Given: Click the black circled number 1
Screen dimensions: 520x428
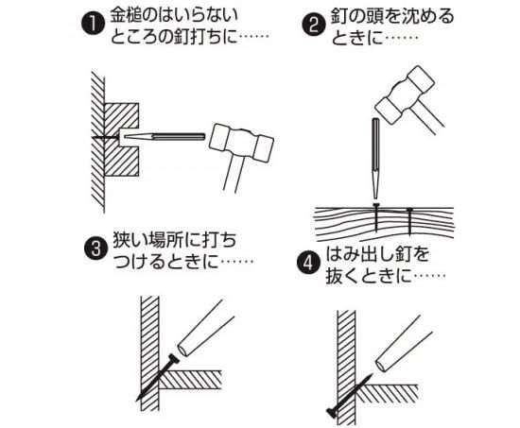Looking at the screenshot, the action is pyautogui.click(x=92, y=25).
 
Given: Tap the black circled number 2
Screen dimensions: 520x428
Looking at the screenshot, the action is pyautogui.click(x=313, y=25).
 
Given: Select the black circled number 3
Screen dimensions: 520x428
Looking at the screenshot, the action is pyautogui.click(x=95, y=248).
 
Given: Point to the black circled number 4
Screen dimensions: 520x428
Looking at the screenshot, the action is pyautogui.click(x=308, y=263).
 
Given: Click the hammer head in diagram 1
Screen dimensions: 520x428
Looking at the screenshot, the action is pyautogui.click(x=242, y=143).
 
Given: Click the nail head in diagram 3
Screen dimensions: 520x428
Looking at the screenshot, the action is pyautogui.click(x=174, y=359).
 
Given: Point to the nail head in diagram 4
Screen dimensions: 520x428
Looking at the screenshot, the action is pyautogui.click(x=332, y=413).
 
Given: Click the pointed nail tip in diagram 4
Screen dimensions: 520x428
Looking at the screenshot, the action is pyautogui.click(x=371, y=374).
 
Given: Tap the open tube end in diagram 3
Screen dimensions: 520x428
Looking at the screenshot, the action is pyautogui.click(x=182, y=351).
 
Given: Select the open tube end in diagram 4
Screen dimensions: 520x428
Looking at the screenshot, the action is pyautogui.click(x=381, y=365).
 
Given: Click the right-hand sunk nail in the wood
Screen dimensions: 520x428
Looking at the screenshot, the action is pyautogui.click(x=410, y=220).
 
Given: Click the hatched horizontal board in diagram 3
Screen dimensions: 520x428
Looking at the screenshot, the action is pyautogui.click(x=190, y=380).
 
